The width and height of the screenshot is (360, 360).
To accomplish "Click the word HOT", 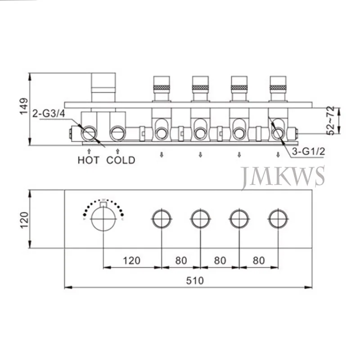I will point(88,160).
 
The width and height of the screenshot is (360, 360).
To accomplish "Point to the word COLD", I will point(120,160).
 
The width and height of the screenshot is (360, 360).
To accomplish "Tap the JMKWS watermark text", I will point(283,177).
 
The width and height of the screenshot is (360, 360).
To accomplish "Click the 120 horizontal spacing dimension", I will point(132,260).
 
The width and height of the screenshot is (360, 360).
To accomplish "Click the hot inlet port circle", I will point(89,133).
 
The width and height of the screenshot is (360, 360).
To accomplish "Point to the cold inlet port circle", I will point(118,133).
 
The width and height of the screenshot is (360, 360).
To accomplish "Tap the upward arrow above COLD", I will point(118,150).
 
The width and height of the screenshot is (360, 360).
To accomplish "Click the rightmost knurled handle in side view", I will point(278,82).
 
